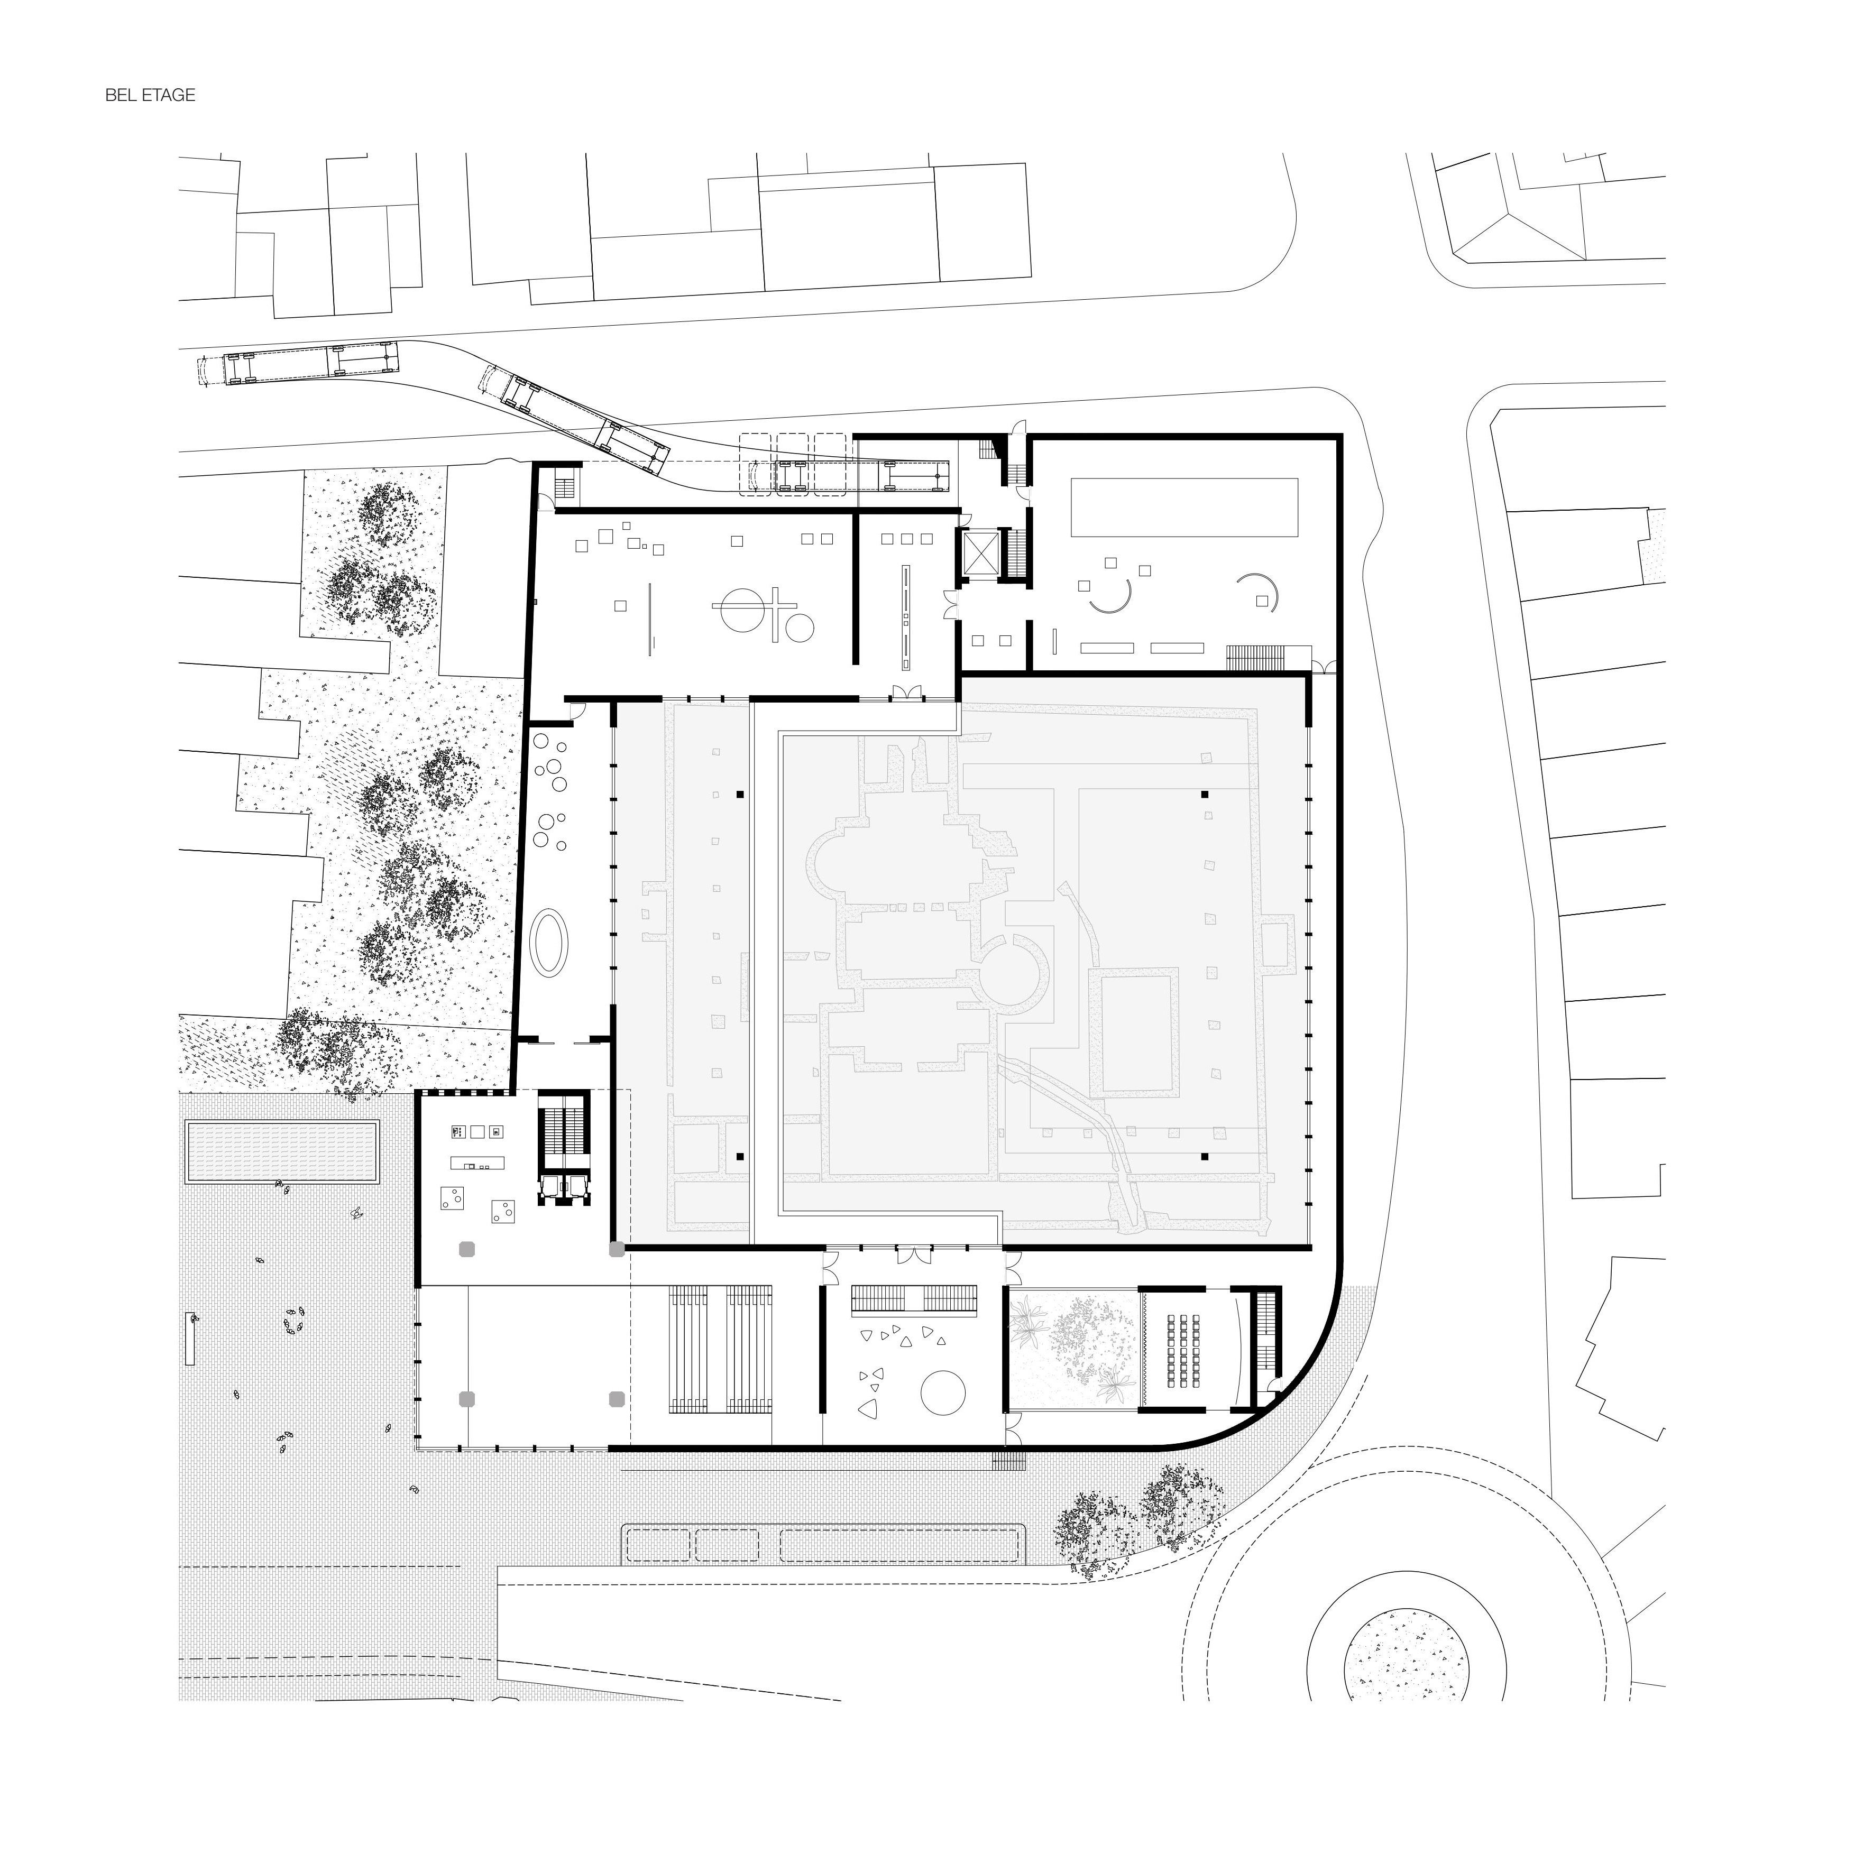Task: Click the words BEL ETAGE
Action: point(150,95)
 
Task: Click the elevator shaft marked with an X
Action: point(981,554)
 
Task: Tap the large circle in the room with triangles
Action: point(943,1392)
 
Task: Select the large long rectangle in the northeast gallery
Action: point(1185,507)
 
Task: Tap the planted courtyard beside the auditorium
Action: point(1073,1351)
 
